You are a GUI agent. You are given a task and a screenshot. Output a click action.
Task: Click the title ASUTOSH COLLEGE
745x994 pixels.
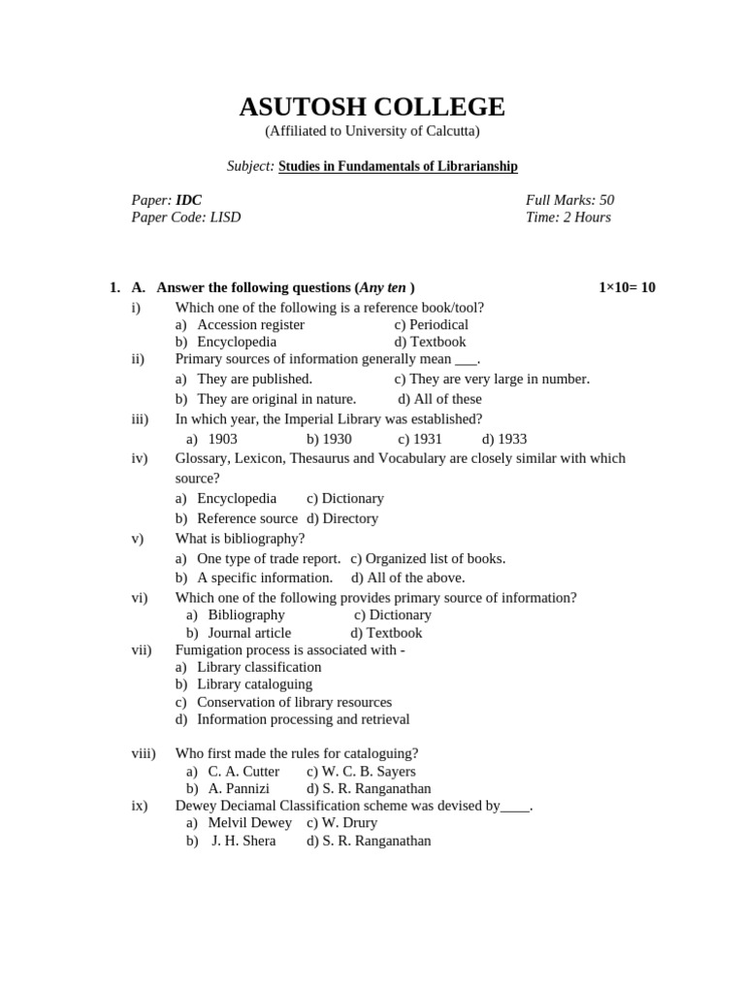pos(372,107)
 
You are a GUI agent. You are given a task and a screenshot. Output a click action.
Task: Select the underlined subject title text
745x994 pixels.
pos(398,167)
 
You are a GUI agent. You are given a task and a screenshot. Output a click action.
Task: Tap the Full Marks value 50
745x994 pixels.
pos(606,200)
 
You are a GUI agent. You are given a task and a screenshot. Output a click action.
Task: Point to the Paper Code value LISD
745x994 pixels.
pos(225,217)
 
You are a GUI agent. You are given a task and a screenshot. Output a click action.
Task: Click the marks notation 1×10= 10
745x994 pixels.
pos(627,287)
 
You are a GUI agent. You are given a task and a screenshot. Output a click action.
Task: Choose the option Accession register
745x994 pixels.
pos(250,324)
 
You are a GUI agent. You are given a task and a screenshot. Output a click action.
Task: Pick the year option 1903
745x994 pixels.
pos(222,439)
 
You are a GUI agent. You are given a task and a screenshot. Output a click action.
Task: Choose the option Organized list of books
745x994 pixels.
pos(436,558)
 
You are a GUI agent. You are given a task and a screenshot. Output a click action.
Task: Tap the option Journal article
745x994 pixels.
pos(249,633)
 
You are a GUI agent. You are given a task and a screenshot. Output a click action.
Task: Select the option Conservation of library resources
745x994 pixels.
pos(294,702)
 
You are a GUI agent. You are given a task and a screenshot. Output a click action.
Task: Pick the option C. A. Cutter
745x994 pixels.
pos(243,772)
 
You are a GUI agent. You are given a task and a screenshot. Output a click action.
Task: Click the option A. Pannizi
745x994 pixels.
pos(239,789)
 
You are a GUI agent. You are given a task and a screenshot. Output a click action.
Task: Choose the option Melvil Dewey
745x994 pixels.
pos(249,823)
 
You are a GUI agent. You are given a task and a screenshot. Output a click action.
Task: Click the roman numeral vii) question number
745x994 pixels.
pos(142,650)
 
